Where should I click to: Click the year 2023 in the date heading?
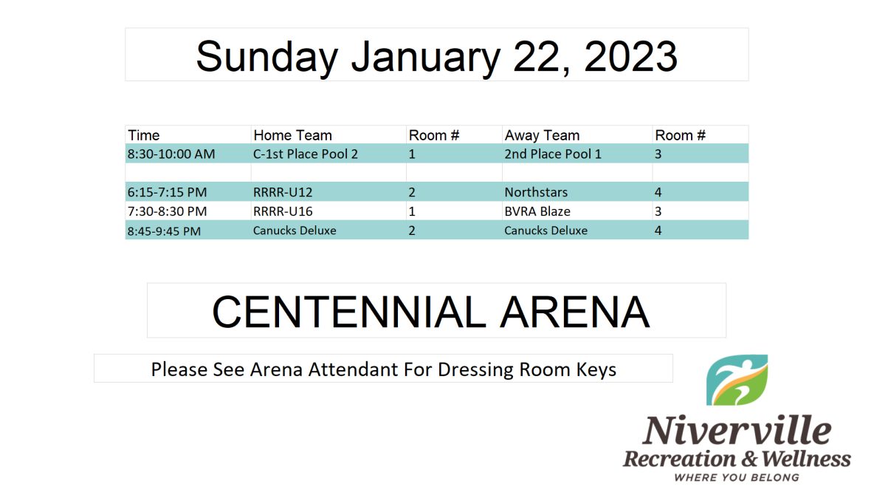630,56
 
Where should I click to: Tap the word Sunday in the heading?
267,57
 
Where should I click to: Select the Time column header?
144,135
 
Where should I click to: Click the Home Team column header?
292,135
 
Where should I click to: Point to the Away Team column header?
542,135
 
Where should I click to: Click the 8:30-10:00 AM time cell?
171,154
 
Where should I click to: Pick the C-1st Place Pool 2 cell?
306,154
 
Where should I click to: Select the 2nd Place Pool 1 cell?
553,154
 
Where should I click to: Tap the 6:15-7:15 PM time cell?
168,192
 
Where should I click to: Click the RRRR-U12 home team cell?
283,192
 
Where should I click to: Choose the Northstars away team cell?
536,192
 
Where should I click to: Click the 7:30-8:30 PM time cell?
168,212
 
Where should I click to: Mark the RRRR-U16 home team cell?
283,212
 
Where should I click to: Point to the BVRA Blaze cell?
537,212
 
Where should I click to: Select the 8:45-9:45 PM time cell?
164,231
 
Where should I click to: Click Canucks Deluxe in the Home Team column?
295,231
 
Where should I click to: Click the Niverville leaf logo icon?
737,380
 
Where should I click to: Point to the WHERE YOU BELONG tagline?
737,478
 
